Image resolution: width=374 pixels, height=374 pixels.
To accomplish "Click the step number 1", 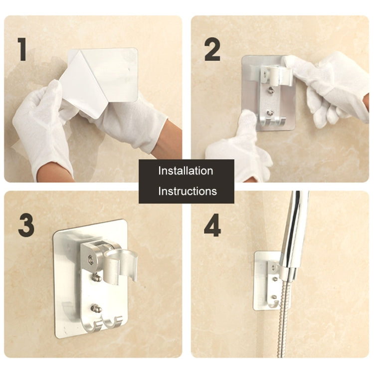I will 22,49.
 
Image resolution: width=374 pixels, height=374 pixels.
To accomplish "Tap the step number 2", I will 212,49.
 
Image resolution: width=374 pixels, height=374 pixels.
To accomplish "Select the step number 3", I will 26,225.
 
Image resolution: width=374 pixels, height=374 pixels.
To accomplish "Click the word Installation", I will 186,171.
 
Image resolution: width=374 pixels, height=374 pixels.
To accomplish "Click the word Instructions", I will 187,191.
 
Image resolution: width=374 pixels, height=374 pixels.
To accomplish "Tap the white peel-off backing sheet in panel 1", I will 85,85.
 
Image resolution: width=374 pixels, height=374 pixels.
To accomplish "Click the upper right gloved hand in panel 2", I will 329,85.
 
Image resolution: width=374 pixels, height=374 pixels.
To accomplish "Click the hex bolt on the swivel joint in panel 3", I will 91,259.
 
